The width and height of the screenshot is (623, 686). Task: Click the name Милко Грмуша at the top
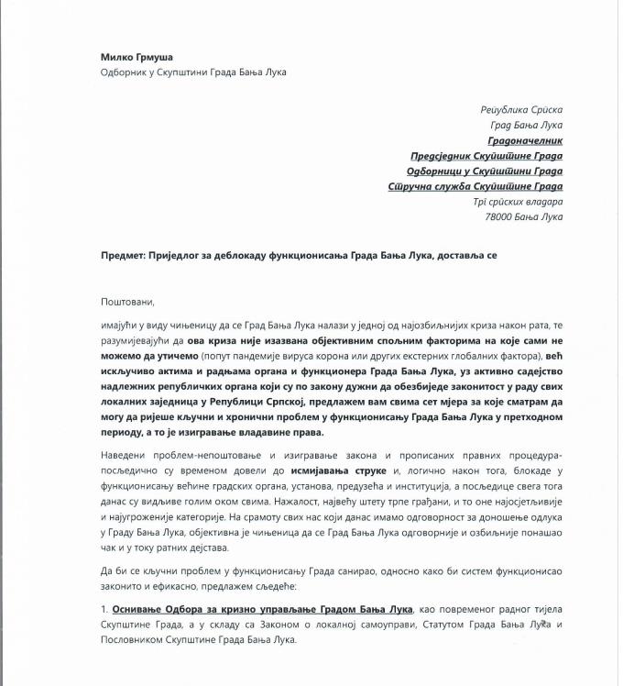[138, 57]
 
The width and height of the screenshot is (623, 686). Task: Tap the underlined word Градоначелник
[525, 140]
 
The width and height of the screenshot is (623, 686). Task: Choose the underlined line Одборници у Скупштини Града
[485, 171]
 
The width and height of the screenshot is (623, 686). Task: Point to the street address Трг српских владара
[518, 202]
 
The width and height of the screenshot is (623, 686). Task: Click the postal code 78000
[500, 217]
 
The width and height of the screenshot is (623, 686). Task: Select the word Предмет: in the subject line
[123, 256]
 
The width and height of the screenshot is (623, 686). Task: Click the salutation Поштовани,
[128, 301]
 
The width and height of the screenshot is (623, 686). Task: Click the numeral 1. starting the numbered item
[105, 609]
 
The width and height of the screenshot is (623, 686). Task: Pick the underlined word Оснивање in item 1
[136, 609]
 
